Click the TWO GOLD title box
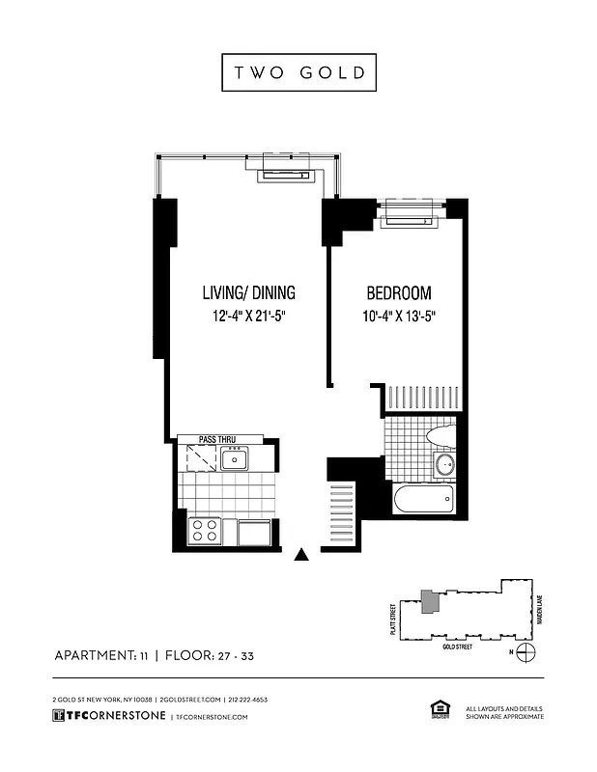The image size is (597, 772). (x=298, y=72)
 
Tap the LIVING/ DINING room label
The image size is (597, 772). (x=248, y=293)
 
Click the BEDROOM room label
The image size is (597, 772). (x=398, y=293)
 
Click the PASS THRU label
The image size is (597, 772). (x=217, y=439)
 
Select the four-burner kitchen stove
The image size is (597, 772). (x=204, y=530)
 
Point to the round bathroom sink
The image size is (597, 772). (x=444, y=466)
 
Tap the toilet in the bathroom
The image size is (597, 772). (x=440, y=435)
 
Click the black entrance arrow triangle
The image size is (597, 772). (x=302, y=554)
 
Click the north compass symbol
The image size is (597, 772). (x=525, y=653)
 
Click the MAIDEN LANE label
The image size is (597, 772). (x=541, y=608)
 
